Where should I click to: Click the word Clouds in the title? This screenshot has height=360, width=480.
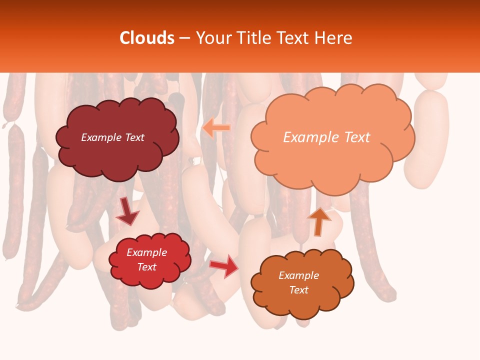[x=147, y=38]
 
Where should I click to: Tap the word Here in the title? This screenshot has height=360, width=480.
[x=336, y=38]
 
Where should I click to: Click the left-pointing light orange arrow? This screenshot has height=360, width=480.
[x=216, y=128]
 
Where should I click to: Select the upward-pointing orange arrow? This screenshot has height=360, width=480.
[x=319, y=221]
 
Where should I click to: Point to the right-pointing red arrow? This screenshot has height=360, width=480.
[x=225, y=265]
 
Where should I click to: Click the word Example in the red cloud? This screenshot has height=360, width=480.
[x=147, y=252]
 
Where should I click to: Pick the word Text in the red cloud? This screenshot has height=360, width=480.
[x=147, y=267]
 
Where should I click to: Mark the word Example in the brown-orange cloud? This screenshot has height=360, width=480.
[x=298, y=275]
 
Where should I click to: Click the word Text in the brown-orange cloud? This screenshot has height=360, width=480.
[x=298, y=290]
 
